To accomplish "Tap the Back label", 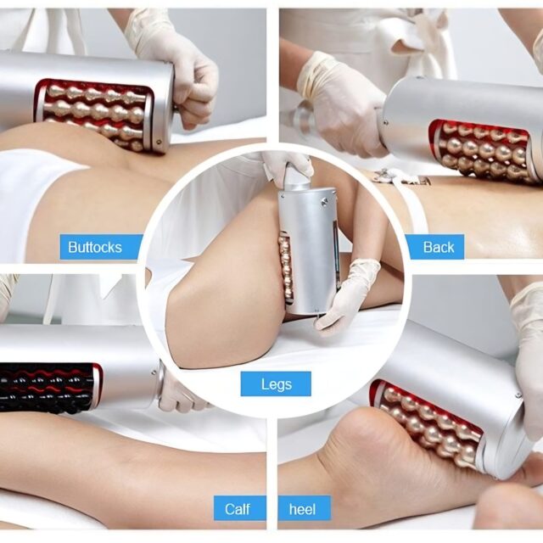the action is (438, 247).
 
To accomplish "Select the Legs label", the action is (276, 383).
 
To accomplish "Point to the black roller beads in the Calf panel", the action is (47, 388).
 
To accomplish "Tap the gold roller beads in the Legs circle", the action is (287, 268).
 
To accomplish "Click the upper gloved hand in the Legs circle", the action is (288, 168).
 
